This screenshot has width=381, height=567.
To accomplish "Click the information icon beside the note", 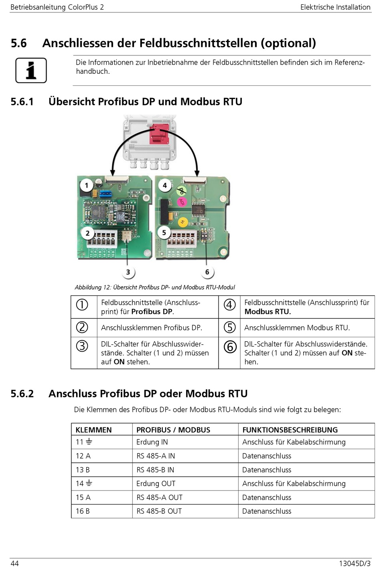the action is pos(31,70).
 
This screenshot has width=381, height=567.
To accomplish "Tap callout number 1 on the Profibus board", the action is pos(86,186).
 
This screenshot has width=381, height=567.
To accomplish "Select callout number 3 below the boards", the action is pos(128,272).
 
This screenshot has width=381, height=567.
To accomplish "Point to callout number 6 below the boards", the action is pos(207,272).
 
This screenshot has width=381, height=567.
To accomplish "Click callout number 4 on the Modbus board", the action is pos(165,186).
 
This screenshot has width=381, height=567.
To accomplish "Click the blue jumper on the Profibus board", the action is pos(106,194).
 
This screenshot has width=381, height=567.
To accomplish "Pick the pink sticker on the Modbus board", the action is pos(182,202).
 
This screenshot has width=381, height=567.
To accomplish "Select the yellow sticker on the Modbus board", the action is pos(182,222).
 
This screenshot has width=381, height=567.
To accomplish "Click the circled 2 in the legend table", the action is pos(82,327).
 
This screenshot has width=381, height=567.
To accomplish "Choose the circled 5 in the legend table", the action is pos(230,327).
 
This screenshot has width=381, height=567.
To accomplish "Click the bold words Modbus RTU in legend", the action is pos(268,312).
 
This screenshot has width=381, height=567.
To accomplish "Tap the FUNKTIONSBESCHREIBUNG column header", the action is pos(290,430).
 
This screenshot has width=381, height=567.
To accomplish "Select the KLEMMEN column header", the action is pos(93,430).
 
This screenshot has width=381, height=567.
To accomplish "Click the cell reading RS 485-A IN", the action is pos(156,456).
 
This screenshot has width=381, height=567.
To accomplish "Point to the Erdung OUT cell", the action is pos(156,484).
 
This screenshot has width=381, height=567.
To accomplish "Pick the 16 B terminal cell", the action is pos(83,511).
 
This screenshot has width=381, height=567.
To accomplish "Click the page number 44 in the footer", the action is pos(15,563).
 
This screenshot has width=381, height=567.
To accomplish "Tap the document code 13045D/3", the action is pos(355,563).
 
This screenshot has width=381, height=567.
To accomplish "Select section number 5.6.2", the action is pos(22,394).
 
